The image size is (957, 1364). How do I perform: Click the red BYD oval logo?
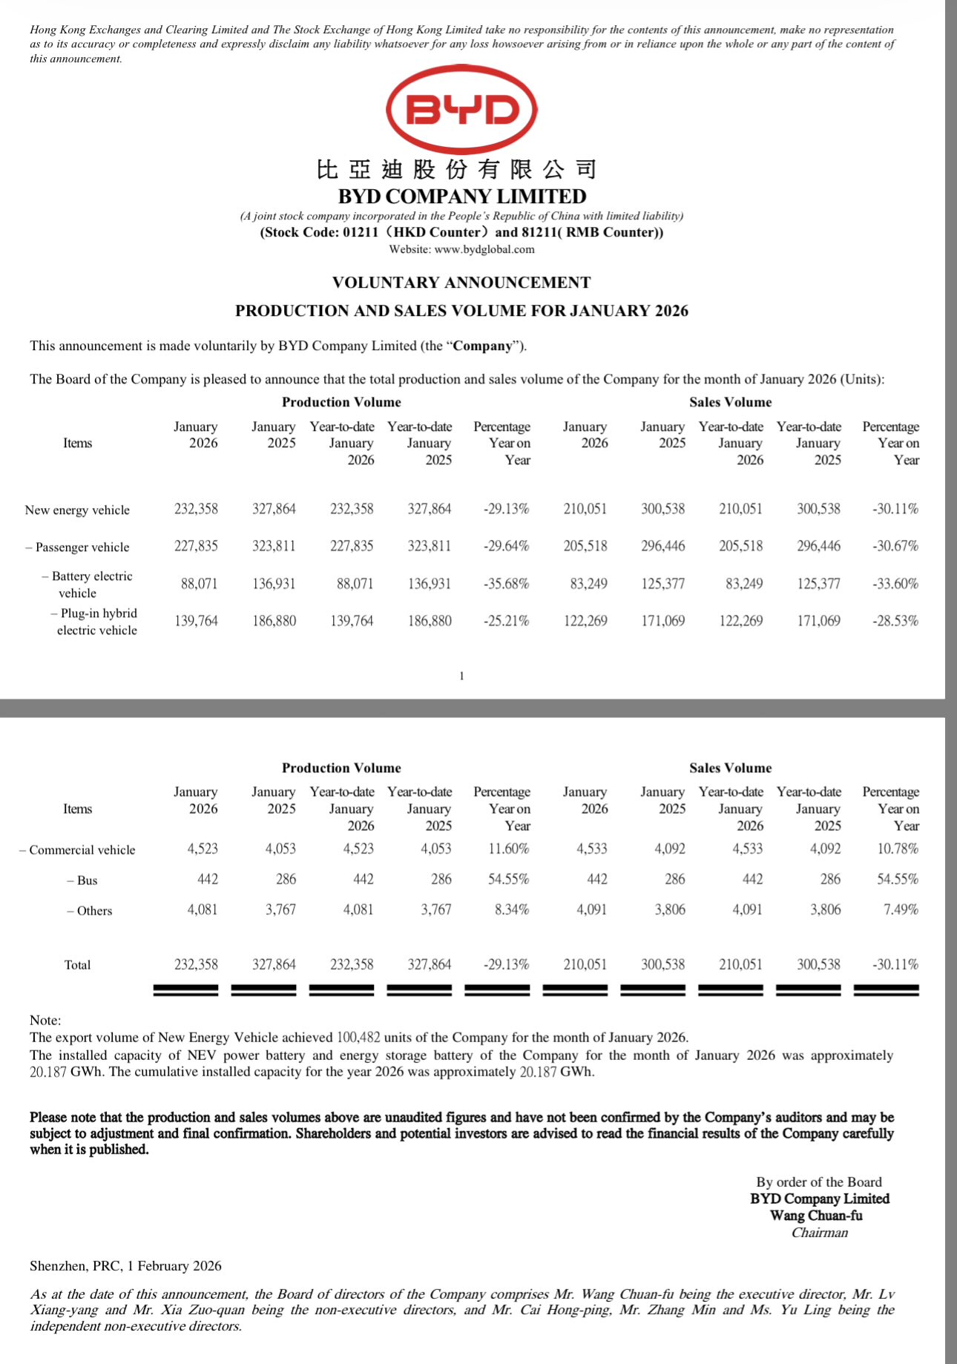461,110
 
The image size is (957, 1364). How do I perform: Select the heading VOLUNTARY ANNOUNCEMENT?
461,283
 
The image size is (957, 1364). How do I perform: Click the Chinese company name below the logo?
456,170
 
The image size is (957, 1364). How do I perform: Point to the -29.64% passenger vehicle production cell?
507,547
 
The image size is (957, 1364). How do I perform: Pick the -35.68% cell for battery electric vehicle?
507,584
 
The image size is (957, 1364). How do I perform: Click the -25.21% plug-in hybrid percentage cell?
507,621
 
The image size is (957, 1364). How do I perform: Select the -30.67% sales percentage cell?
895,547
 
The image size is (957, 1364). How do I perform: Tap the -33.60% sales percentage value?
895,584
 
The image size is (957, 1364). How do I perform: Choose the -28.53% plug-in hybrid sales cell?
895,621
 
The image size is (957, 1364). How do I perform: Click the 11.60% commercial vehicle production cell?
508,849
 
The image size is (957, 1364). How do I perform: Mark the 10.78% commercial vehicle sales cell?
898,849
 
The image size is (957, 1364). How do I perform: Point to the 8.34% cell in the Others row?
512,910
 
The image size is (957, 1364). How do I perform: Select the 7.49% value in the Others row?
901,910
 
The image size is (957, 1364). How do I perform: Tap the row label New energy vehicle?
77,510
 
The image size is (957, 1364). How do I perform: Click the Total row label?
77,965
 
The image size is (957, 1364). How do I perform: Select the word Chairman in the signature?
819,1233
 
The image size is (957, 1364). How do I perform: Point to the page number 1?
461,676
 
